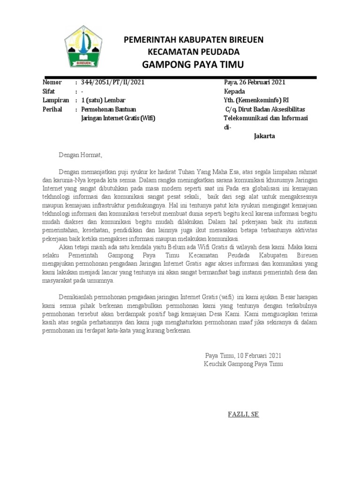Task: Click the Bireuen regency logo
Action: (x=88, y=47)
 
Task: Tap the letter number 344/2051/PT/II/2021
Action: (x=113, y=82)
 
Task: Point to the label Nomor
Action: (x=52, y=82)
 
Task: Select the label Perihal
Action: (x=53, y=109)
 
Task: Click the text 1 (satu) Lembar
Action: (x=104, y=100)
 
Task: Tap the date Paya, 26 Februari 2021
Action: (x=255, y=82)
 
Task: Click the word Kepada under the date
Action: (x=235, y=91)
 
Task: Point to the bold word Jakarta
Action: (x=264, y=136)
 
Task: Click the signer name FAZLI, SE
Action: (x=243, y=414)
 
